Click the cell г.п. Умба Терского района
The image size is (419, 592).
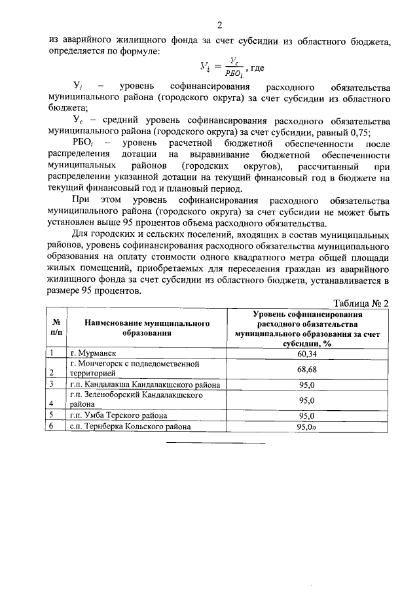(118, 415)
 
